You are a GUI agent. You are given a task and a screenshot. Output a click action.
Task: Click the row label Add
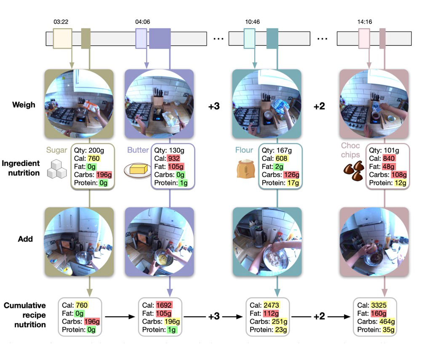click(25, 239)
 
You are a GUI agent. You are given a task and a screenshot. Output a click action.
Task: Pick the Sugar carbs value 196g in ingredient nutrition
click(101, 175)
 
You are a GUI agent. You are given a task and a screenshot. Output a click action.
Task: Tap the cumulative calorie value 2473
click(271, 305)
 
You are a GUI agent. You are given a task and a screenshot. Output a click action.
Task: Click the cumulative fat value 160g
click(377, 313)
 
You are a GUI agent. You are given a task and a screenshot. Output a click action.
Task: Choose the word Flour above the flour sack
click(245, 150)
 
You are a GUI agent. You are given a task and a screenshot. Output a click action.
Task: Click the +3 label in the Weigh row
click(214, 107)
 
